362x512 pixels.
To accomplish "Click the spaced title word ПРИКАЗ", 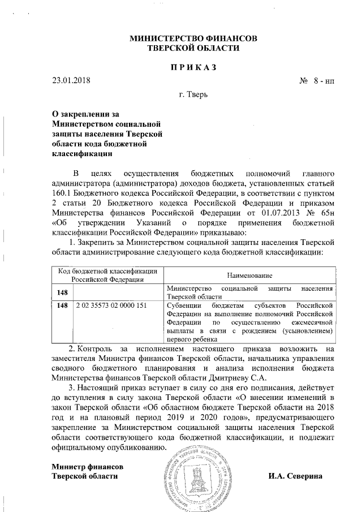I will [194, 67].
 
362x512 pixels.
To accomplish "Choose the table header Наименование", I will [249, 274].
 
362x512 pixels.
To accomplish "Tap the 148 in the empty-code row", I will [62, 292].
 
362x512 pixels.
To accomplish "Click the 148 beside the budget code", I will [62, 306].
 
